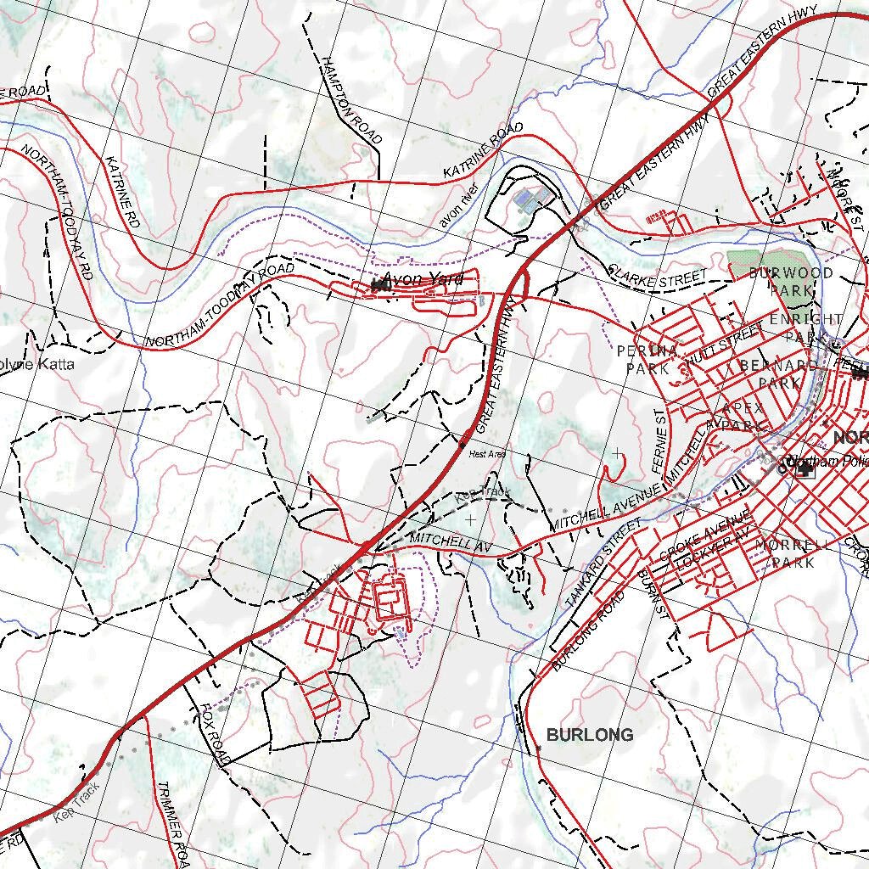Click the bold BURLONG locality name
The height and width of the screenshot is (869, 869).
[589, 735]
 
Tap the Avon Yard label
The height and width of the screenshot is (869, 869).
[423, 279]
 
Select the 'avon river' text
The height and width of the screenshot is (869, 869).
[459, 205]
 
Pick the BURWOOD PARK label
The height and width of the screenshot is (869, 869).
[780, 281]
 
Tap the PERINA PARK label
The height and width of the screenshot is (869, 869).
[648, 359]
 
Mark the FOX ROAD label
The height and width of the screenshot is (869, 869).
[216, 733]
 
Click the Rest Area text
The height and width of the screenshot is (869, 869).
[487, 455]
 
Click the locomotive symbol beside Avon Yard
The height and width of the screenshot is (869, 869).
[380, 286]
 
